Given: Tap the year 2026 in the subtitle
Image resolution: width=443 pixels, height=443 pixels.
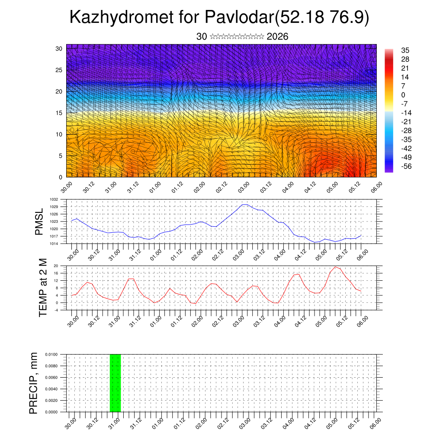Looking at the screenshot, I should pyautogui.click(x=278, y=37).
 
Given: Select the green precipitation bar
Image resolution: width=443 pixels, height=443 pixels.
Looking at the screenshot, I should pyautogui.click(x=115, y=383).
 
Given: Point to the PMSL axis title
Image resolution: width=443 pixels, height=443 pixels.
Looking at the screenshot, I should pyautogui.click(x=39, y=221).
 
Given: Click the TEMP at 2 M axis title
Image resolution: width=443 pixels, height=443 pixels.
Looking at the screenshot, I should pyautogui.click(x=43, y=288).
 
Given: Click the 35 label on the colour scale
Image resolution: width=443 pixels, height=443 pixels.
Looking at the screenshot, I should pyautogui.click(x=405, y=51).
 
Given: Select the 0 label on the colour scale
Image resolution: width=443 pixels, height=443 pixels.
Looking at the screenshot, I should pyautogui.click(x=403, y=95).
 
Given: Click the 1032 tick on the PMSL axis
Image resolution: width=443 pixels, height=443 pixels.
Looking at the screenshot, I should pyautogui.click(x=54, y=199).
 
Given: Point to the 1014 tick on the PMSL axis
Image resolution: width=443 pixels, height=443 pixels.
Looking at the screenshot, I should pyautogui.click(x=54, y=244).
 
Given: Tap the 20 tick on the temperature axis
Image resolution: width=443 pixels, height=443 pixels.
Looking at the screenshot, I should pyautogui.click(x=56, y=266).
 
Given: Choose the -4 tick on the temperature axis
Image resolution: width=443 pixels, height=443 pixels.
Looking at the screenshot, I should pyautogui.click(x=56, y=310).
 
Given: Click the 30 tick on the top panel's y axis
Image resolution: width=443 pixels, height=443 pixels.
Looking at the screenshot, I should pyautogui.click(x=58, y=48).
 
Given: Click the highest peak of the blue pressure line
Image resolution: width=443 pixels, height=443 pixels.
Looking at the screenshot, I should pyautogui.click(x=244, y=205).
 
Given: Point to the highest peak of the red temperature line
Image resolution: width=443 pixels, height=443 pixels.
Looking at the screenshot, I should pyautogui.click(x=335, y=267).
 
